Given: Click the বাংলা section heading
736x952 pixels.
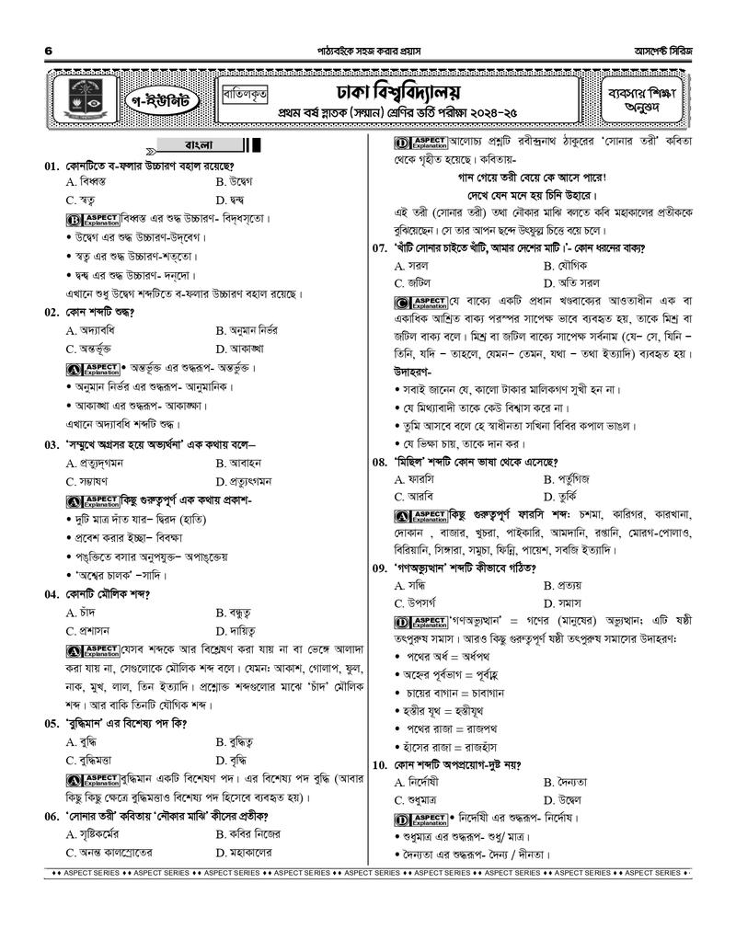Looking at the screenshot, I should pyautogui.click(x=199, y=145).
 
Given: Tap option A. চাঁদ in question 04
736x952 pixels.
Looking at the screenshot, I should pyautogui.click(x=86, y=613).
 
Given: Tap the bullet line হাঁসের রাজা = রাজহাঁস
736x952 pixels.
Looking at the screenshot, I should pyautogui.click(x=454, y=745).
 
